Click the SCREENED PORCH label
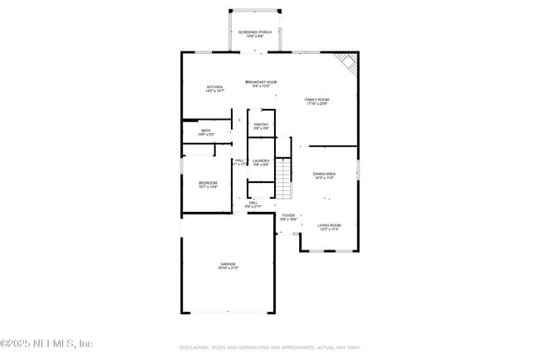(255, 32)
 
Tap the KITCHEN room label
(215, 86)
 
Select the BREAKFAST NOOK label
(261, 81)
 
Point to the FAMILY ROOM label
(317, 100)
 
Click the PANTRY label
(261, 125)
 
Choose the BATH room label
(206, 131)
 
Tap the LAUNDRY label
(261, 160)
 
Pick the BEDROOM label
(207, 183)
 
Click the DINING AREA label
(324, 174)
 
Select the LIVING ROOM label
(329, 225)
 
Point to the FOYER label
(288, 215)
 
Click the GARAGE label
(228, 264)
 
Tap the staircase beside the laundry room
(285, 179)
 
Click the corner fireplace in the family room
(346, 63)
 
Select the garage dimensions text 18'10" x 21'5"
(228, 269)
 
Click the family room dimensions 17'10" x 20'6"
(317, 104)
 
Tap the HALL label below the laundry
(253, 202)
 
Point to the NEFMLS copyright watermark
(47, 343)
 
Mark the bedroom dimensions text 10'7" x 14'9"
(207, 187)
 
